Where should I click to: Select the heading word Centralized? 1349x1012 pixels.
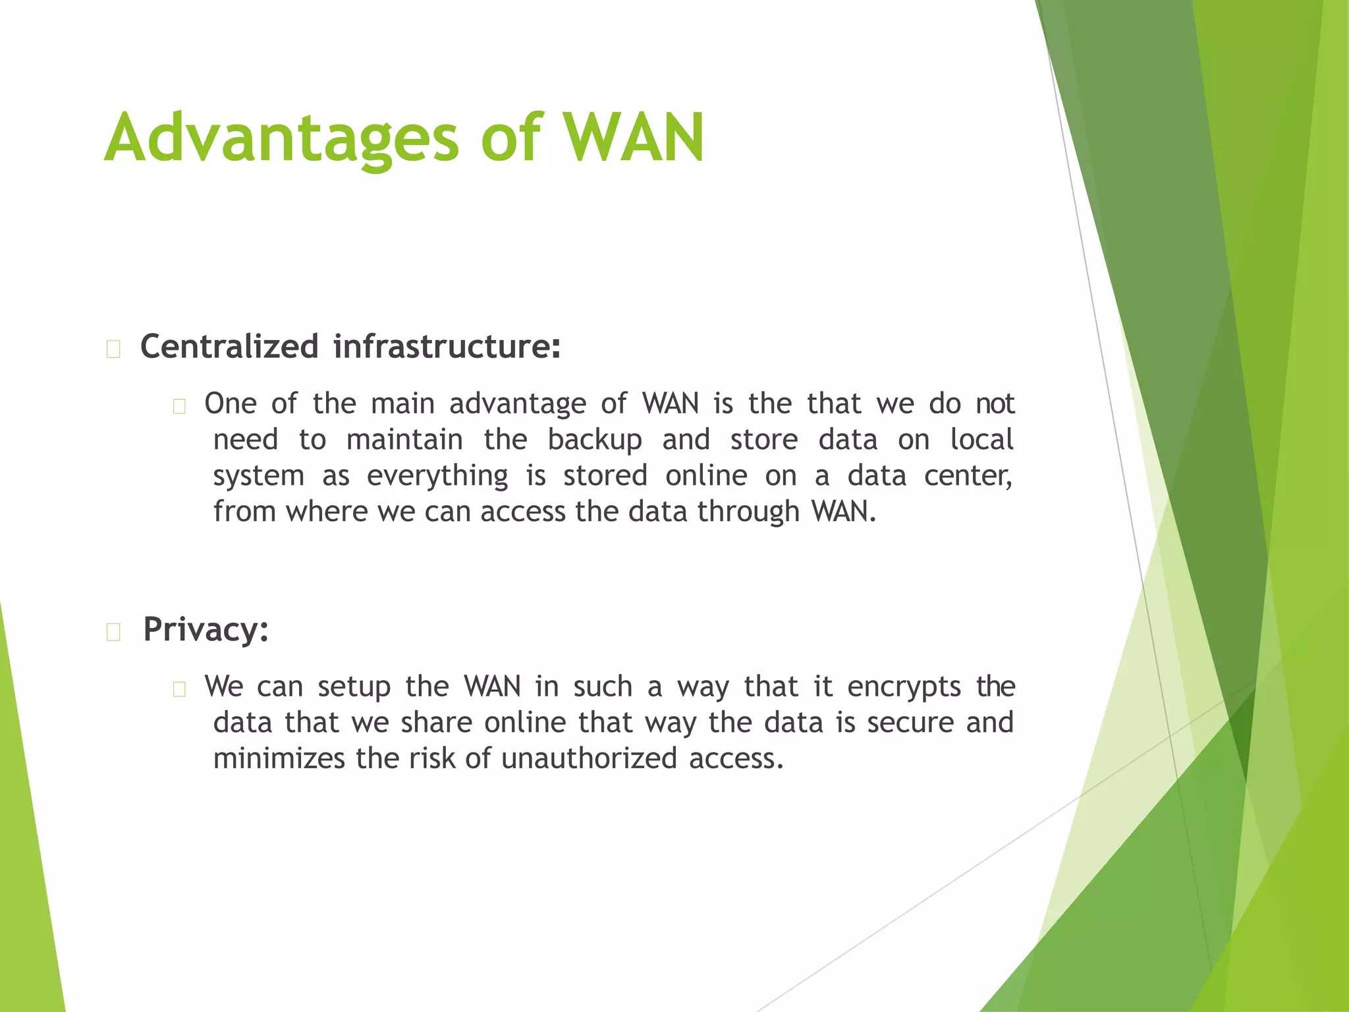[229, 347]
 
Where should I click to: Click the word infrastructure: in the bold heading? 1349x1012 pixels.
[447, 347]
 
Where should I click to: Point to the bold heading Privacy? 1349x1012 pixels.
[206, 629]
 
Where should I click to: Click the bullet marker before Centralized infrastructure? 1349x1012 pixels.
[113, 350]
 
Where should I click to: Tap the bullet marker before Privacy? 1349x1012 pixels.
[113, 632]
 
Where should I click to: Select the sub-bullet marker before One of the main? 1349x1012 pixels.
[179, 407]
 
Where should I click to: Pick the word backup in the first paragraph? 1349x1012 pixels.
[595, 440]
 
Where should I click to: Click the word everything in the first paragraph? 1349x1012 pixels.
[437, 476]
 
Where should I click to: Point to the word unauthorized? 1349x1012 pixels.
[589, 759]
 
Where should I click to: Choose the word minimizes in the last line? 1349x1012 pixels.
[279, 759]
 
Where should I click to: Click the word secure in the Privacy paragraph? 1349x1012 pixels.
[910, 723]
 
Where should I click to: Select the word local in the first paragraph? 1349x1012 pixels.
[981, 440]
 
